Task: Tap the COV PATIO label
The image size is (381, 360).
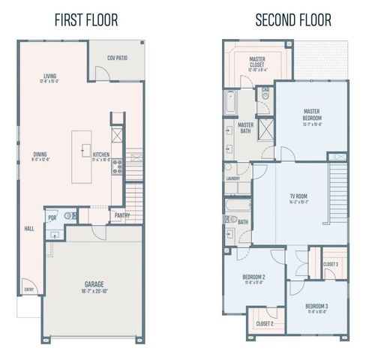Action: coord(116,57)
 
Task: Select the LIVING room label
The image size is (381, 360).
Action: coord(50,76)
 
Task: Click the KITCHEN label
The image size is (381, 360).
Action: coord(100,155)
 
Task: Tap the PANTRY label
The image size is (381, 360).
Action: coord(121,215)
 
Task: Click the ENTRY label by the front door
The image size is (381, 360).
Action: coord(29,289)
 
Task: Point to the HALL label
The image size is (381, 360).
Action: coord(29,228)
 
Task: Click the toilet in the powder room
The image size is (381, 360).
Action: coord(68,216)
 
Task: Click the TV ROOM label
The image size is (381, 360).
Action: coord(298,197)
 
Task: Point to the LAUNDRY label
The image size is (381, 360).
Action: coord(232,178)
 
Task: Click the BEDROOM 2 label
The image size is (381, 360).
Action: coord(253,279)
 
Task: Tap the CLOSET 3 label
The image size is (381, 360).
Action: coord(331,264)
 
